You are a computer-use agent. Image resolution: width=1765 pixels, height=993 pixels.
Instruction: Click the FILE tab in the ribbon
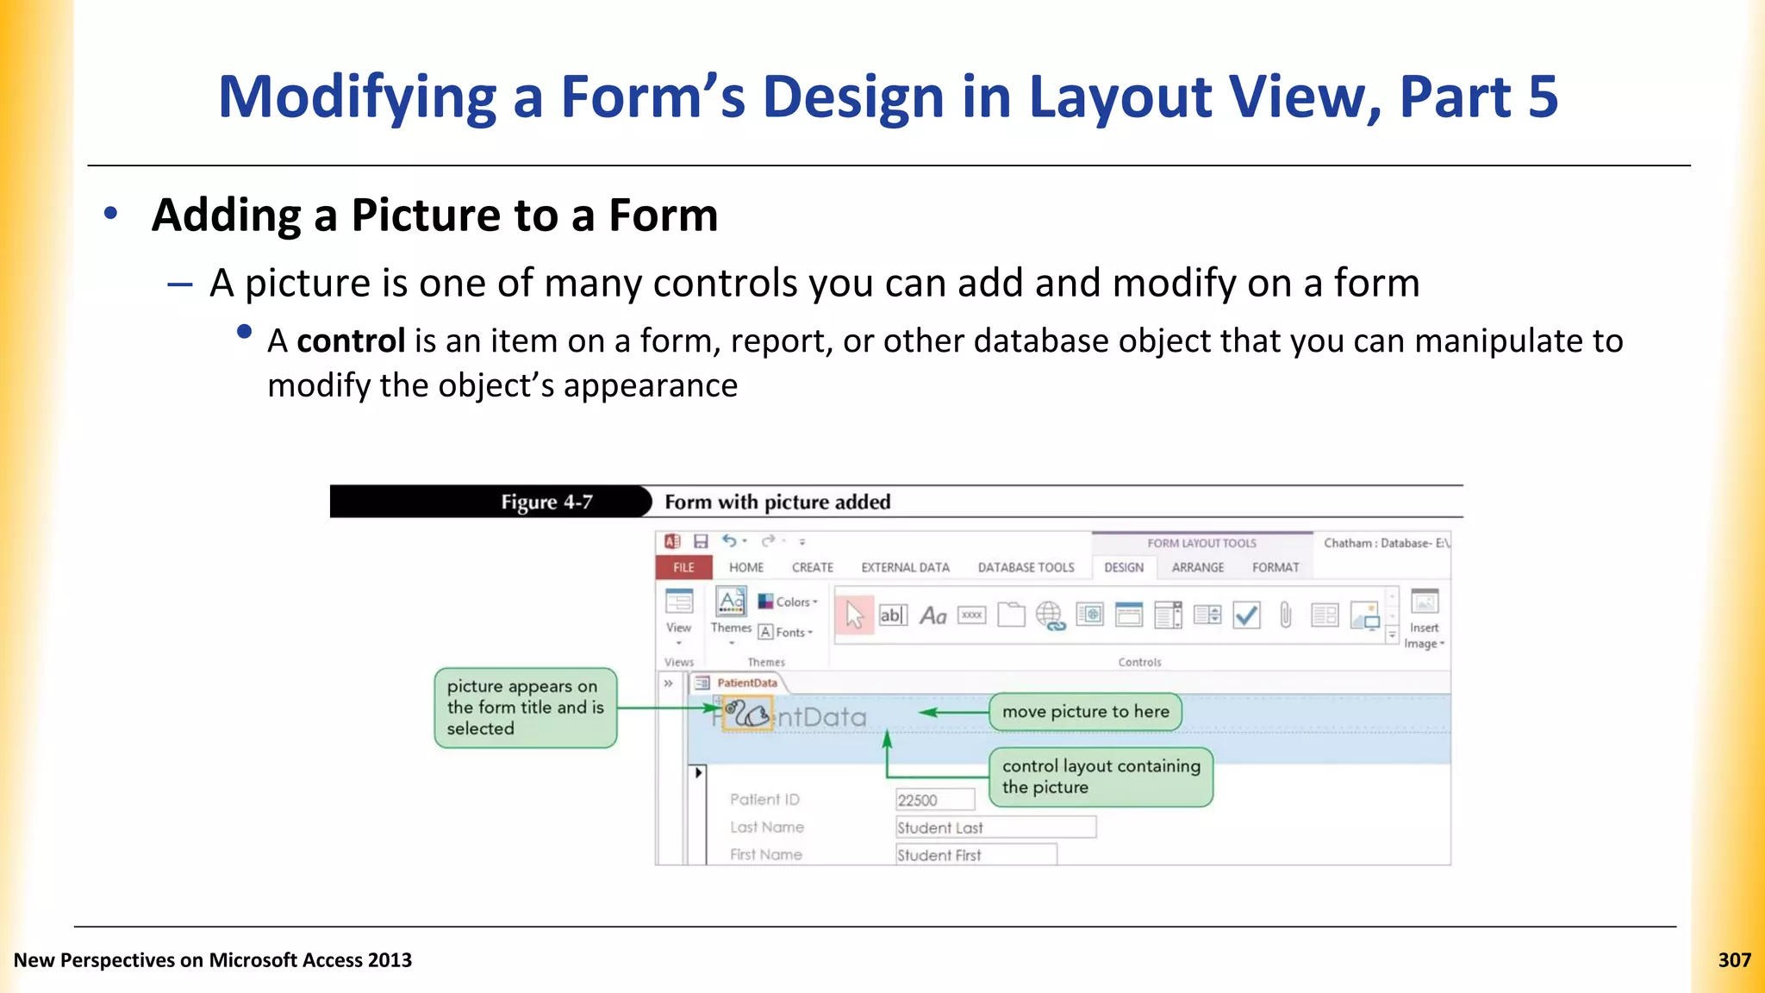click(683, 567)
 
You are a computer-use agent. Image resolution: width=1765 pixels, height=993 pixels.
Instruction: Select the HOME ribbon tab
click(745, 567)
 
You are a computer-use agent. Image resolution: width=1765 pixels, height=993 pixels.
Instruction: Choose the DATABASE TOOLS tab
click(1026, 567)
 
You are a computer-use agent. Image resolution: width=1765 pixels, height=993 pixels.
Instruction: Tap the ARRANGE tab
click(1197, 567)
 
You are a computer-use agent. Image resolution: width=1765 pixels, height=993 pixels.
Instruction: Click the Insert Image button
click(1424, 618)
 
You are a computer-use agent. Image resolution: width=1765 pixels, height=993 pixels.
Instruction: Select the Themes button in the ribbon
click(731, 614)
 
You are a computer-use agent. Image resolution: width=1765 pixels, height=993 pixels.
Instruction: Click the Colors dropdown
click(788, 602)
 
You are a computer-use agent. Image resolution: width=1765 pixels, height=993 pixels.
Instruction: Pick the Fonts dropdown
click(786, 632)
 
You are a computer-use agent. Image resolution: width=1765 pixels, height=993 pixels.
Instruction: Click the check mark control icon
click(1246, 615)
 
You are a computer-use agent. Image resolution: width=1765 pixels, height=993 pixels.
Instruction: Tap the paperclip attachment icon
click(1285, 615)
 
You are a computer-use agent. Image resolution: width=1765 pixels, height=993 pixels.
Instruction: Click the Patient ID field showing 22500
click(934, 800)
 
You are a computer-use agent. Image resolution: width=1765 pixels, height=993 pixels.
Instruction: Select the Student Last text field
click(995, 827)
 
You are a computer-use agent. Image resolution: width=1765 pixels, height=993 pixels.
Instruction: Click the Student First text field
click(976, 855)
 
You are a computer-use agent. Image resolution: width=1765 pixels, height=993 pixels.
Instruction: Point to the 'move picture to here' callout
click(1085, 712)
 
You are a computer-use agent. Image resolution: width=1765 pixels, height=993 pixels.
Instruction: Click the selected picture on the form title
click(747, 715)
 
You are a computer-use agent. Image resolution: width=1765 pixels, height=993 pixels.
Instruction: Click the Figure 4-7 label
click(546, 502)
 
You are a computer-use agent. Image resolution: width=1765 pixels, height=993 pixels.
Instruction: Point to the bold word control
click(351, 341)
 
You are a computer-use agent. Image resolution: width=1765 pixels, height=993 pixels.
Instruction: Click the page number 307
click(1734, 960)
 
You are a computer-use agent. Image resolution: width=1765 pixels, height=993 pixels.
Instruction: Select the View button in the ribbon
click(678, 614)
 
